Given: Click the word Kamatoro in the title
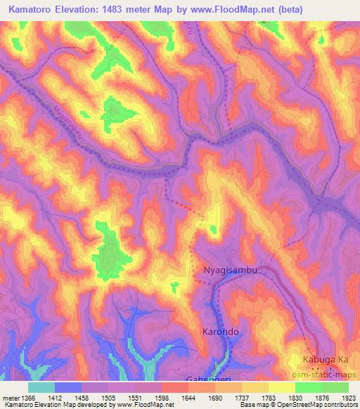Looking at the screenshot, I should pos(34,8).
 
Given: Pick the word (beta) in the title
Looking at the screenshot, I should pos(336,8).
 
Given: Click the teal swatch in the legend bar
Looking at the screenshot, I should pos(41,387).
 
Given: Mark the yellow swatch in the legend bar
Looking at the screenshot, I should pos(281,387).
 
